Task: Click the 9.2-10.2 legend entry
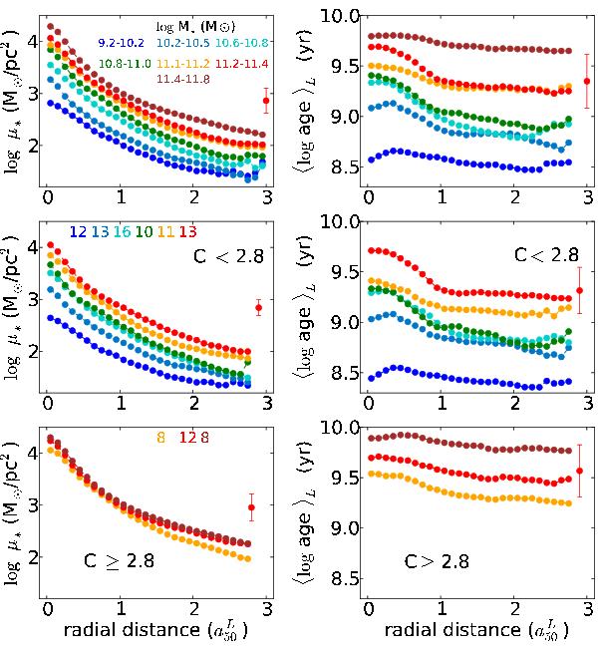(121, 43)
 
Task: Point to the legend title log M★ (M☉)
(193, 24)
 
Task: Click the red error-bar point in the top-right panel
(587, 82)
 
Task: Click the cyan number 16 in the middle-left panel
(122, 232)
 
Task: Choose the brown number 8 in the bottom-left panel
(232, 437)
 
